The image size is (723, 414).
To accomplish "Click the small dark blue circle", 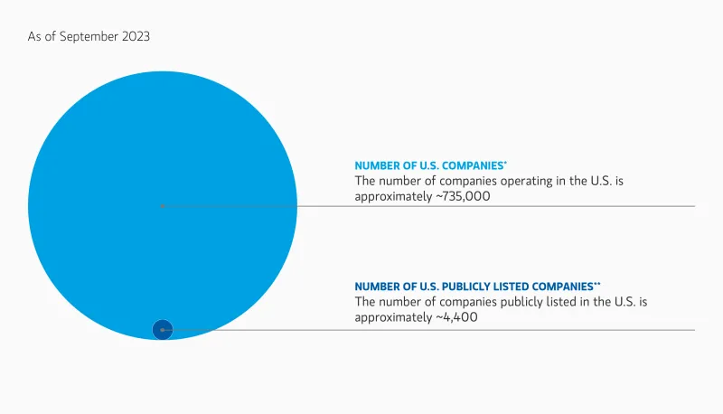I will [x=162, y=330].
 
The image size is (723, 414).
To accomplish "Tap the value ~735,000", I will [x=463, y=196].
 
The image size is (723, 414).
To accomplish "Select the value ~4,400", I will [x=456, y=317].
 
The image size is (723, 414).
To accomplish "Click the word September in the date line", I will [x=86, y=36].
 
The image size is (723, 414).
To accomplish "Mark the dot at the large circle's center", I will [x=162, y=206].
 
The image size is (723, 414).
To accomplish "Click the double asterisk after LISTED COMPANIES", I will [x=596, y=283].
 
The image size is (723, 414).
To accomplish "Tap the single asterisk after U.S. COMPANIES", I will [x=505, y=164].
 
